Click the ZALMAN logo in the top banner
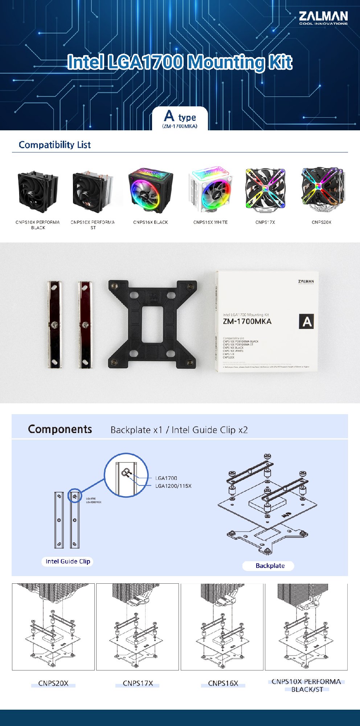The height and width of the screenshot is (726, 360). click(323, 18)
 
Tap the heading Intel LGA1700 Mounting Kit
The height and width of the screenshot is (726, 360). click(180, 62)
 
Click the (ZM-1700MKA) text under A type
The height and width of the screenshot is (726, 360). click(180, 126)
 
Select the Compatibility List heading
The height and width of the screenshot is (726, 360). click(54, 145)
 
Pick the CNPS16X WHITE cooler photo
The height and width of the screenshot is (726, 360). click(210, 190)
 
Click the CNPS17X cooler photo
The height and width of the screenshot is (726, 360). click(265, 190)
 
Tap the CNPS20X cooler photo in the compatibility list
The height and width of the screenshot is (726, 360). click(322, 189)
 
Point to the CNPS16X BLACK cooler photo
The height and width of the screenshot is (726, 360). click(151, 190)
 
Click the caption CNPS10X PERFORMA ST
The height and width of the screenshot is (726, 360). click(93, 225)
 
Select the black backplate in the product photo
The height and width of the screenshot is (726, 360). click(152, 323)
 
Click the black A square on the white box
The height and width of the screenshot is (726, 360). click(306, 322)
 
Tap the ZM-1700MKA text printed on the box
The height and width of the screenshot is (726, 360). click(247, 322)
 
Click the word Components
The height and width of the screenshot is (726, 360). click(60, 429)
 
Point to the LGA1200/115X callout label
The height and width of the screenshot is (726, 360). click(173, 486)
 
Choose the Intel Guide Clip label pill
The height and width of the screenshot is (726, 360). click(68, 562)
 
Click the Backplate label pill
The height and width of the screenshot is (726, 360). click(270, 566)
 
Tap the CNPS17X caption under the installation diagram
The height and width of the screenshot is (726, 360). click(138, 684)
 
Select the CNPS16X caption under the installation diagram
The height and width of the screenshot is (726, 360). click(223, 684)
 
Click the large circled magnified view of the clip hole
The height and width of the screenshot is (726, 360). click(126, 475)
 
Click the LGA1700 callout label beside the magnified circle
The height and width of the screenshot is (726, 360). click(166, 478)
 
